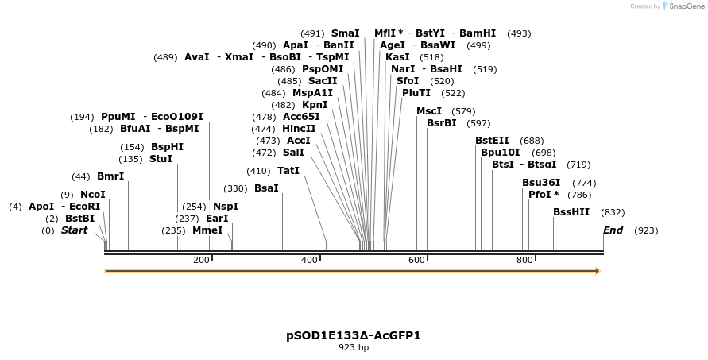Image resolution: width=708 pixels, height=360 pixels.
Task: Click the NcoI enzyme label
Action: click(x=92, y=195)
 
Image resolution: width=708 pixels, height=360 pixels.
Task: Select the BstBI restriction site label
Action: click(x=79, y=219)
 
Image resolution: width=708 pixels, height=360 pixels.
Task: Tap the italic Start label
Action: click(x=75, y=230)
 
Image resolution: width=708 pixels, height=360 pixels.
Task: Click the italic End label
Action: click(x=613, y=230)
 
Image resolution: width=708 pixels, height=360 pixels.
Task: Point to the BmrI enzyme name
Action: click(x=110, y=176)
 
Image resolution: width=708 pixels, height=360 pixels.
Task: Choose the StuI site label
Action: click(x=161, y=159)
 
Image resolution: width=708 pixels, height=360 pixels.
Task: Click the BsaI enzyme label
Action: click(x=266, y=188)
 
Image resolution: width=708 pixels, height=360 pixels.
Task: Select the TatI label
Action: click(x=288, y=171)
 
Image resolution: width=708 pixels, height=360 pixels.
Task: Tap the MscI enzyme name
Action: click(x=429, y=111)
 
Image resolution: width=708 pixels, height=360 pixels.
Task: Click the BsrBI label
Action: click(x=442, y=123)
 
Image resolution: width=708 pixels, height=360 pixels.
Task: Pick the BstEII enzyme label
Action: click(x=492, y=141)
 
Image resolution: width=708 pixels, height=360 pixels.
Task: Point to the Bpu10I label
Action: click(x=501, y=153)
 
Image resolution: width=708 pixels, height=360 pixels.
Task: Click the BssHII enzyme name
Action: click(x=571, y=212)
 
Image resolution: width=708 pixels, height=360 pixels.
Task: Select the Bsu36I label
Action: click(x=541, y=183)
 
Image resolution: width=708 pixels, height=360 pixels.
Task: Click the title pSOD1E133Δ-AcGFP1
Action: click(x=354, y=335)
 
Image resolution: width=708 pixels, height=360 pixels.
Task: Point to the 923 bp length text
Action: click(x=354, y=347)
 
